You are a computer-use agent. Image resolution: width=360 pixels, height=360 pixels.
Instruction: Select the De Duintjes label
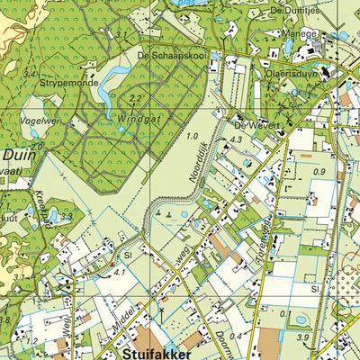pos(303,8)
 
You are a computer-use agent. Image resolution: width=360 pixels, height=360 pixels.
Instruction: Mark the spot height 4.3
pos(237,139)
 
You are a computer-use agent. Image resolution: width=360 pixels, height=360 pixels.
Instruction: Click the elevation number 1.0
pos(192,136)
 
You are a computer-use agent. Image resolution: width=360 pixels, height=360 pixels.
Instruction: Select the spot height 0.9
pos(319,171)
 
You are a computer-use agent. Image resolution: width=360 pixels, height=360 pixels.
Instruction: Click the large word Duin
pos(17,154)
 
